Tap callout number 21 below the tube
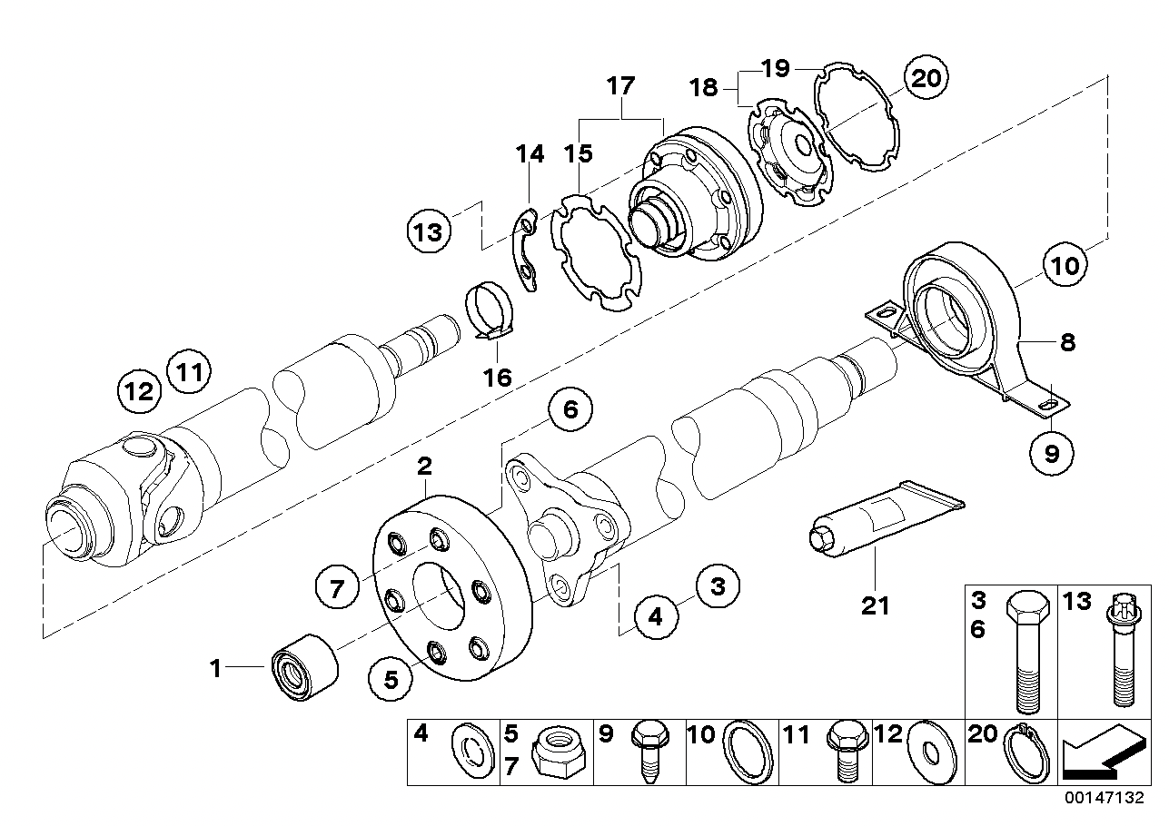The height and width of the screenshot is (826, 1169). click(876, 606)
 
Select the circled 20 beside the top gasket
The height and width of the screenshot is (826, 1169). click(926, 78)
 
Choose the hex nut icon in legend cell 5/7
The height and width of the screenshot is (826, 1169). click(558, 750)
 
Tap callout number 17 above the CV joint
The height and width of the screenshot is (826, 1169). click(620, 86)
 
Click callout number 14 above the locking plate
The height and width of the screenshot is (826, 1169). click(530, 154)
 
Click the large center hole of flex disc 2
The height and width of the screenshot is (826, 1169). click(439, 596)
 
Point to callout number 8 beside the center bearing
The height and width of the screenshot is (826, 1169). click(1068, 342)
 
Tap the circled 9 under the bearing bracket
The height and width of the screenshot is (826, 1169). click(1052, 453)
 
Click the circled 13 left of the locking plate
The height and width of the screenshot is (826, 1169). click(429, 231)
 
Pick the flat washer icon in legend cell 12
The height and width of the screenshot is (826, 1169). click(931, 752)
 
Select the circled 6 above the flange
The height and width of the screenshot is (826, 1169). click(570, 410)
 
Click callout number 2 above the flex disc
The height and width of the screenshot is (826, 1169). click(425, 467)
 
